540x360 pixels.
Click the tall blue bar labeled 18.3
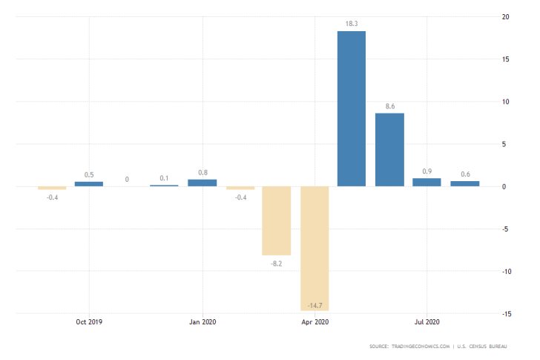point(352,108)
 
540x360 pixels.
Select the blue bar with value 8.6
point(389,149)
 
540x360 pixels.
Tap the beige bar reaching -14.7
point(315,248)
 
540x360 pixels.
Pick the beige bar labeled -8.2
point(276,220)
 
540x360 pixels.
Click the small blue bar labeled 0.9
point(427,182)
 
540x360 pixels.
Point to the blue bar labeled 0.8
point(202,183)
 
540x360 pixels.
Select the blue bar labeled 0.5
point(89,183)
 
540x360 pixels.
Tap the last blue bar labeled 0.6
point(464,183)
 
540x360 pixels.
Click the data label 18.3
point(352,24)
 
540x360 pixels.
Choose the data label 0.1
point(165,178)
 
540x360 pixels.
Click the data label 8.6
point(389,106)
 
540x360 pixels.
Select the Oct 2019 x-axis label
point(89,322)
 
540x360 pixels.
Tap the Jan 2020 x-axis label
point(202,322)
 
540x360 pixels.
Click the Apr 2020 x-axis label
point(315,322)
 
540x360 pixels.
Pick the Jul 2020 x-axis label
point(427,322)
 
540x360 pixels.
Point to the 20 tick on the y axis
point(504,17)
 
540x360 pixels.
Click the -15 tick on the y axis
point(504,313)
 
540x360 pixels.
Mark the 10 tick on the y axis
point(504,102)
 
